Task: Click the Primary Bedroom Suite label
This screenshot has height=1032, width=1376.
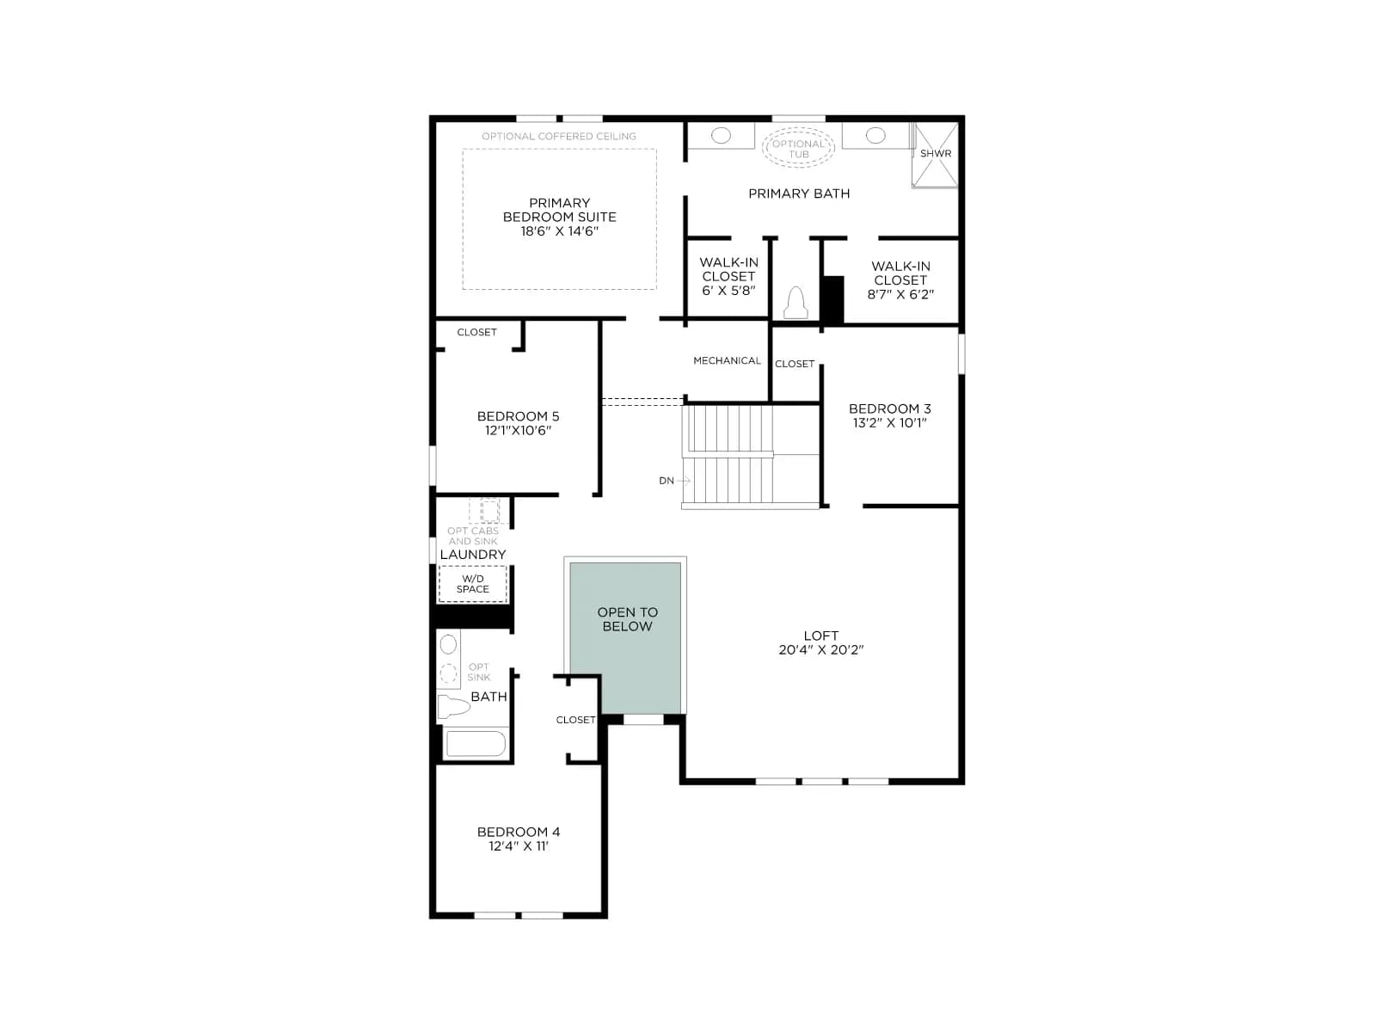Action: click(x=559, y=210)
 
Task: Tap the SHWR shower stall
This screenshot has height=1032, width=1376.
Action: click(x=935, y=155)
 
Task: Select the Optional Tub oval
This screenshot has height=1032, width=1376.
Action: click(x=798, y=148)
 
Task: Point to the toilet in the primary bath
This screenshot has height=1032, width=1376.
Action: click(x=795, y=303)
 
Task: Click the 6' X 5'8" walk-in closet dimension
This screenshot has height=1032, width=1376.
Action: click(x=728, y=291)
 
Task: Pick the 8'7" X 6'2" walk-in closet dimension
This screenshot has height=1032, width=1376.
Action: click(x=900, y=294)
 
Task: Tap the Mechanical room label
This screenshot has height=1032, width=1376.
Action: click(x=727, y=360)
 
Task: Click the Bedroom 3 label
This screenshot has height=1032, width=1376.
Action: click(x=889, y=408)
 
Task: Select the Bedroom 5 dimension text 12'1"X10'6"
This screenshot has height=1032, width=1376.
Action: click(x=518, y=431)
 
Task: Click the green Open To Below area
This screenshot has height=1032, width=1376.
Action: click(x=625, y=637)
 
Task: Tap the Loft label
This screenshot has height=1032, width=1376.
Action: click(x=820, y=636)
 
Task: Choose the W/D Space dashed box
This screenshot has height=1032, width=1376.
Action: click(x=473, y=584)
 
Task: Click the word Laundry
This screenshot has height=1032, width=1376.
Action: click(x=473, y=555)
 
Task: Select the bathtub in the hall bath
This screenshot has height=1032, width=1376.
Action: click(x=475, y=744)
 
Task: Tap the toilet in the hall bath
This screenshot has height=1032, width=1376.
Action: click(x=453, y=706)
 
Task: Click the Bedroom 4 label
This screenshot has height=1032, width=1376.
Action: click(x=519, y=832)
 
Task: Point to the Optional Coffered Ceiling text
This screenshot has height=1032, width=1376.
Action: click(x=558, y=136)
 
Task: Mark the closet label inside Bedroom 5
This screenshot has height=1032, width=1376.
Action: click(x=476, y=332)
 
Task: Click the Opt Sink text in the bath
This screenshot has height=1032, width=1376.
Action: click(x=478, y=672)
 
